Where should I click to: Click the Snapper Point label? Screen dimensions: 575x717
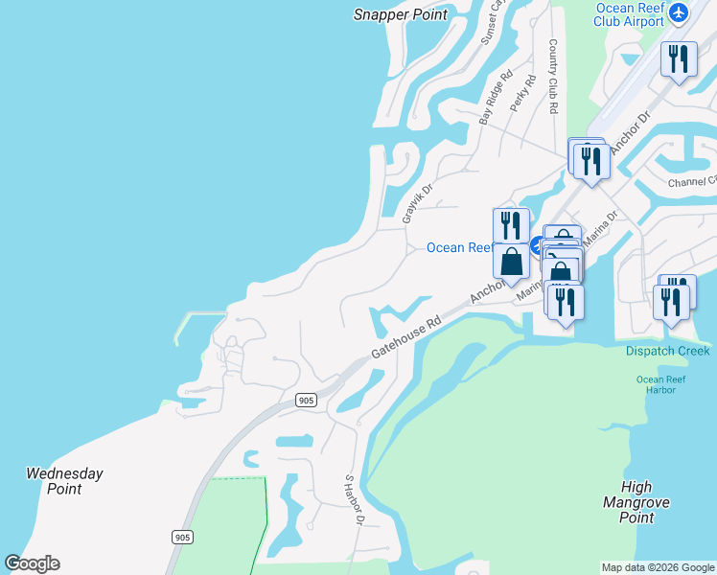(400, 14)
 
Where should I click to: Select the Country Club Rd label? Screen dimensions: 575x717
(553, 77)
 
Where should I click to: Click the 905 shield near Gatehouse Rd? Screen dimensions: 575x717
(306, 401)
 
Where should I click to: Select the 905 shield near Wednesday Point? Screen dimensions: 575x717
(182, 538)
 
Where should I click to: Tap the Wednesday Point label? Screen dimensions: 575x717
(64, 481)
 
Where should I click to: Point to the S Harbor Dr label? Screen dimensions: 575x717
(354, 499)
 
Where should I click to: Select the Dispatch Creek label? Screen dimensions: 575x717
(668, 351)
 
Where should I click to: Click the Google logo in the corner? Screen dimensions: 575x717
(32, 563)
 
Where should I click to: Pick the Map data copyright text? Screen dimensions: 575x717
(657, 567)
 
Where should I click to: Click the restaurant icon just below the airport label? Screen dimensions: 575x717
(679, 59)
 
